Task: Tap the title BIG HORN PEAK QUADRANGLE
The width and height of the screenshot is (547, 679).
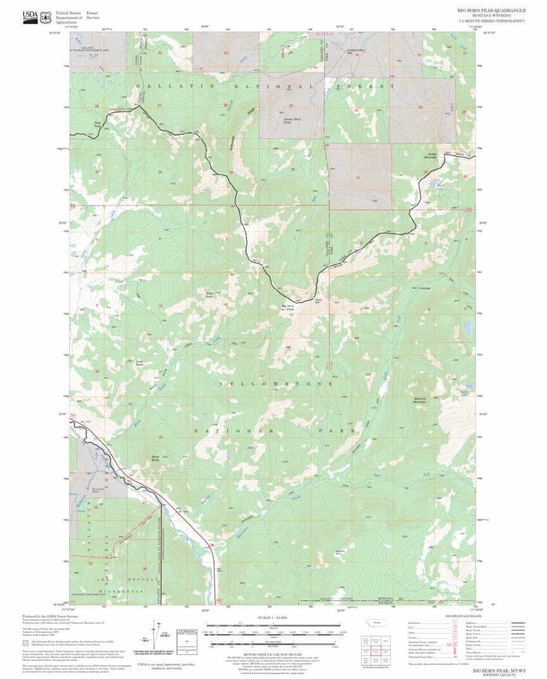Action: [x=491, y=11]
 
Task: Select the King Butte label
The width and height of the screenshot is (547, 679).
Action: [x=209, y=294]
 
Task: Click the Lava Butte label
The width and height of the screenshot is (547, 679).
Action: [x=140, y=363]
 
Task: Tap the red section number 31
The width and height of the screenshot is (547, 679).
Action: [x=358, y=178]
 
